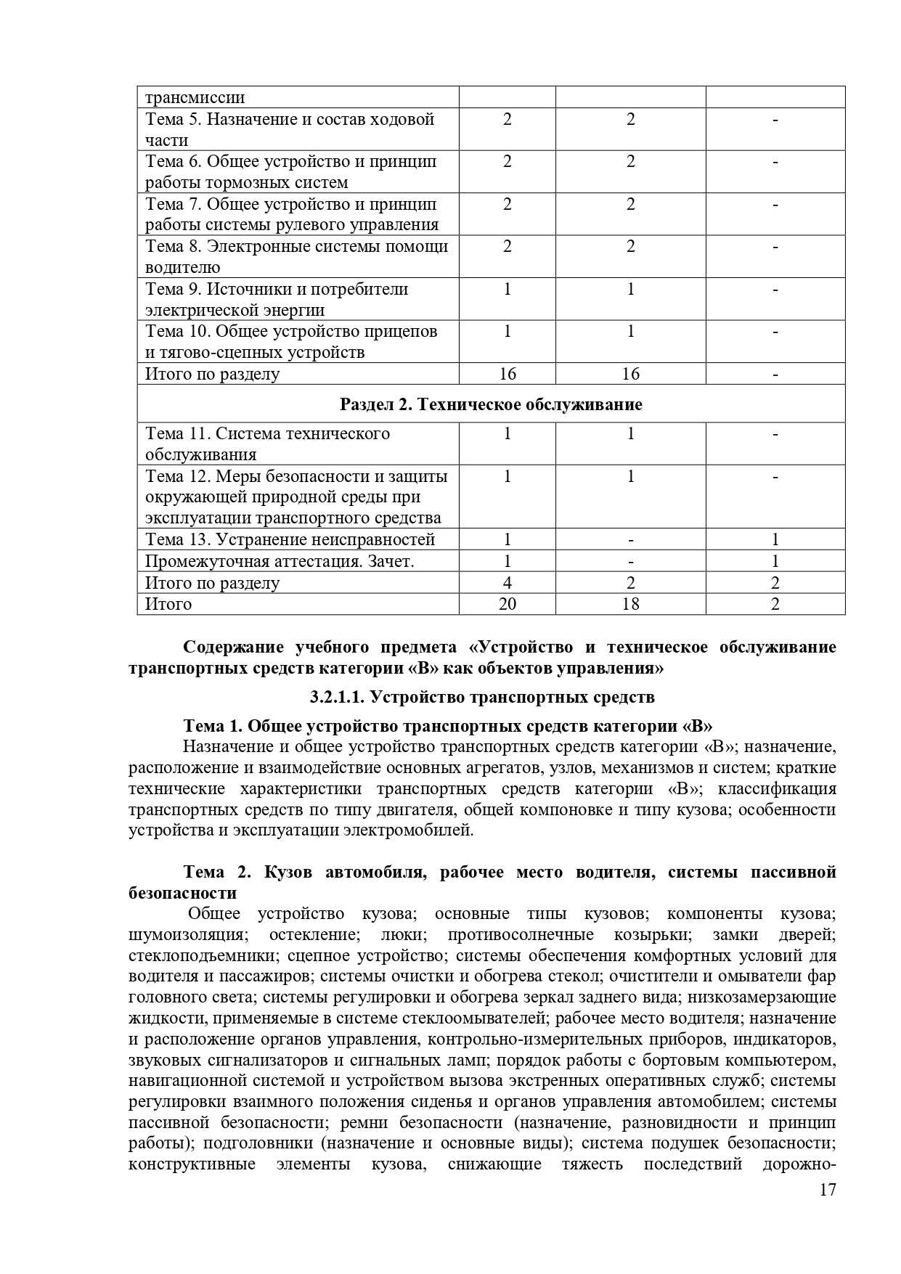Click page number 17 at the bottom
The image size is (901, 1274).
coord(828,1210)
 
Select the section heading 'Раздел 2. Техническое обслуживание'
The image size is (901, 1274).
coord(492,404)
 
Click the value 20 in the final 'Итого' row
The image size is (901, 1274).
coord(507,604)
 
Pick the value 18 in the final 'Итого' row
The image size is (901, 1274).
coord(630,604)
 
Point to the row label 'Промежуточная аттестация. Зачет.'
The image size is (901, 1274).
coord(280,561)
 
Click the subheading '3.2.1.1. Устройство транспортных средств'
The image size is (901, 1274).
coord(482,697)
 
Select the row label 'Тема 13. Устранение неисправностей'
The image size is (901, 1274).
coord(290,539)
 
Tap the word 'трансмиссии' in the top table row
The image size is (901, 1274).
coord(195,97)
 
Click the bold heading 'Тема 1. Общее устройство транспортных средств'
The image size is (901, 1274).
coord(447,726)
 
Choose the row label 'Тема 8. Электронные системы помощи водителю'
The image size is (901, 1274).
coord(296,256)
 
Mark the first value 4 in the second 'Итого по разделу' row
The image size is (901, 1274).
coord(507,583)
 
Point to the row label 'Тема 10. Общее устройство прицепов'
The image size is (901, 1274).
coord(291,341)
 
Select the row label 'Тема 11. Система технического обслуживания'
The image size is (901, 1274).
coord(267,444)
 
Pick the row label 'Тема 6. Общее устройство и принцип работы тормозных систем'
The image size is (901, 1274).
coord(290,171)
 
